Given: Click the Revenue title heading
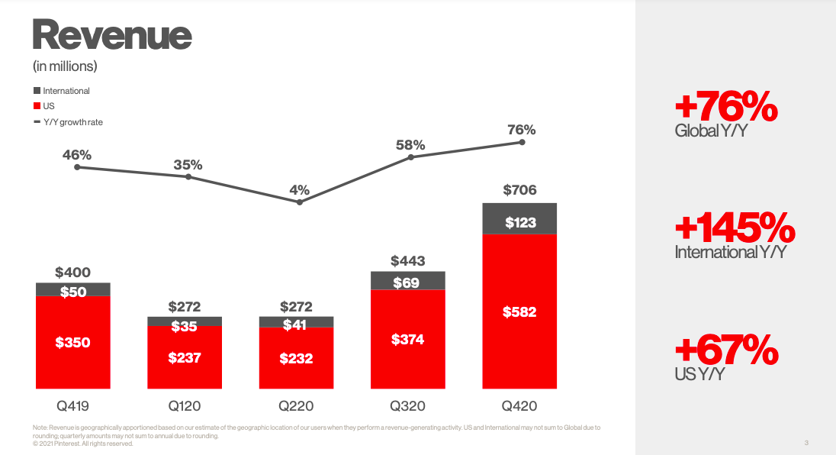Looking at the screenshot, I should [x=112, y=35].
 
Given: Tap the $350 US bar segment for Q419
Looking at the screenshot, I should [x=73, y=343].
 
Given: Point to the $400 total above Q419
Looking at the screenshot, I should [x=73, y=272].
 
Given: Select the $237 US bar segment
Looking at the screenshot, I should [x=185, y=357].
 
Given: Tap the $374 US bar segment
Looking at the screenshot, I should [x=407, y=339].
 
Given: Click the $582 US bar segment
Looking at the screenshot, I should [x=519, y=311].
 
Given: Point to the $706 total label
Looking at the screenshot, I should [x=519, y=190].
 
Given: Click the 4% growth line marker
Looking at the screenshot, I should [x=300, y=202].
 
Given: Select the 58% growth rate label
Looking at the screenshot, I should [x=410, y=145].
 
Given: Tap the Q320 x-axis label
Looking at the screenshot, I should [x=407, y=406].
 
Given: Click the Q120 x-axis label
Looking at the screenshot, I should [x=185, y=406].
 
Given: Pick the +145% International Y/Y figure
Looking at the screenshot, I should [x=735, y=228].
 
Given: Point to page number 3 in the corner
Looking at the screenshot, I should [x=805, y=443].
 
